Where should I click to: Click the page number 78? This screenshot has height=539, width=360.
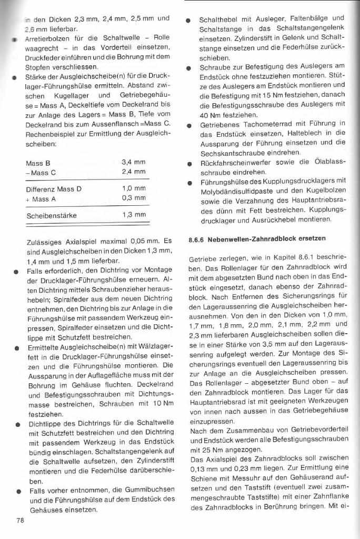[x=20, y=521]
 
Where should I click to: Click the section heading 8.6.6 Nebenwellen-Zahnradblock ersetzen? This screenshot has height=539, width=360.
[x=257, y=238]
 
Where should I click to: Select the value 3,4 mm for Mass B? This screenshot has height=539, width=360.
[x=133, y=163]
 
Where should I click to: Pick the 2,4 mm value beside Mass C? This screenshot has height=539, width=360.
[x=133, y=172]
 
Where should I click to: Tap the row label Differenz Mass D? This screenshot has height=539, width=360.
[x=54, y=188]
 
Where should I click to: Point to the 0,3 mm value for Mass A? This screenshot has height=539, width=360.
[x=133, y=197]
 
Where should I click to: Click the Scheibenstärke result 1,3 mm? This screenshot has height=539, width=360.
[x=133, y=215]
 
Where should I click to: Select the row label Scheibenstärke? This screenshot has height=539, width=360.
[x=51, y=215]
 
